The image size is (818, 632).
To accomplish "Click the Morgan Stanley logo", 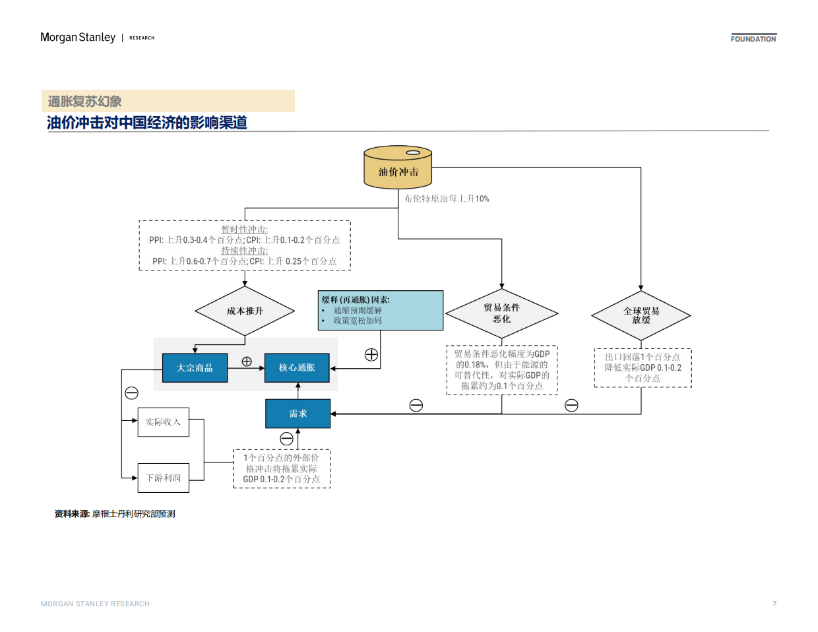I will click(x=78, y=38).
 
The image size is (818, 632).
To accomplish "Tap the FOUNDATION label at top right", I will click(x=753, y=39).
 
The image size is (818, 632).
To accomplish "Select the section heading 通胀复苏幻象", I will click(x=84, y=102).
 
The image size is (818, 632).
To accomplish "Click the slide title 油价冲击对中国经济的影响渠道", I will click(x=146, y=123).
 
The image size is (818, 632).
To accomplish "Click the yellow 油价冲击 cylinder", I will click(x=398, y=169).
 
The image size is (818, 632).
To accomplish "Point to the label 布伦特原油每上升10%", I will click(x=447, y=199).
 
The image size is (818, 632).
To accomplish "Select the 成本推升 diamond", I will click(x=245, y=311).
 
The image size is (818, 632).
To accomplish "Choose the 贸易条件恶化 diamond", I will click(x=501, y=313).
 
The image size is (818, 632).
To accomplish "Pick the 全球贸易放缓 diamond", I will click(x=641, y=315).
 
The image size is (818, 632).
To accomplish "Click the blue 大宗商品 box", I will click(x=195, y=367).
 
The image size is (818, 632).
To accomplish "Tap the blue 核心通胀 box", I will click(x=297, y=367).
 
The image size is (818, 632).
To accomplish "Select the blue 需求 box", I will click(x=298, y=414).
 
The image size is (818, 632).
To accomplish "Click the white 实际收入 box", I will click(x=163, y=422).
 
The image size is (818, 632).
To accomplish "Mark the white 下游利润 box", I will click(x=163, y=478).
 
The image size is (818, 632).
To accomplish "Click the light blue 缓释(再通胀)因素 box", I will click(x=380, y=310).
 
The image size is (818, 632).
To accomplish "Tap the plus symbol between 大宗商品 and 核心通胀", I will click(x=247, y=362).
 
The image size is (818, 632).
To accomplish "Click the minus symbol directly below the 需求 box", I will click(x=286, y=439).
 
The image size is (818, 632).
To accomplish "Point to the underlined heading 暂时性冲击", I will click(x=244, y=230).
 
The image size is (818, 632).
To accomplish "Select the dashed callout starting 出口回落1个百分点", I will click(x=643, y=367).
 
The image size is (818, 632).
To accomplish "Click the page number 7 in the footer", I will click(x=774, y=604).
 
